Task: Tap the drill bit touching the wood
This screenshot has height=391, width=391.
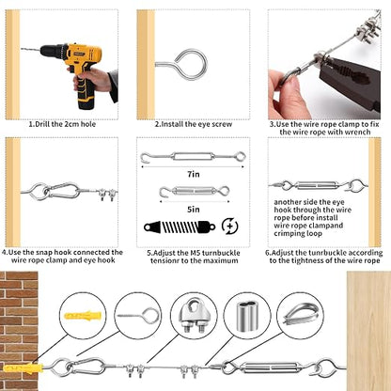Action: pos(31,49)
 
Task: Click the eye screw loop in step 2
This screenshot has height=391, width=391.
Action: pos(191,64)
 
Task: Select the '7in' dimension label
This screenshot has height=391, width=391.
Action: pos(194,174)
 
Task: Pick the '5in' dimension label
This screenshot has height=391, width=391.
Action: pos(194,210)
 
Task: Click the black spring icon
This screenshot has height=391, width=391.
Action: pos(180,227)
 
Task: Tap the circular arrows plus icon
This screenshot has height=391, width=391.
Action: pos(229,227)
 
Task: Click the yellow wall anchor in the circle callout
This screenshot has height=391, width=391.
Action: pos(83,315)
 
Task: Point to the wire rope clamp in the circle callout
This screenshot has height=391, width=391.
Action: pos(194,316)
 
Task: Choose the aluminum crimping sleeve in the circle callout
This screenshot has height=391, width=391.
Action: pos(247,317)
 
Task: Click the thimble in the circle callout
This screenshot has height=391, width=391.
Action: pos(302,313)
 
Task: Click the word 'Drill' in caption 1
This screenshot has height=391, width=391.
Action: pos(42,124)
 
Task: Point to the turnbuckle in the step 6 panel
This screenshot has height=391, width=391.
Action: pos(317,185)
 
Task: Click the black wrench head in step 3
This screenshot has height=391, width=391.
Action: pos(351,83)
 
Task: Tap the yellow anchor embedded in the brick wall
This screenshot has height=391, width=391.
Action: pos(23,368)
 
